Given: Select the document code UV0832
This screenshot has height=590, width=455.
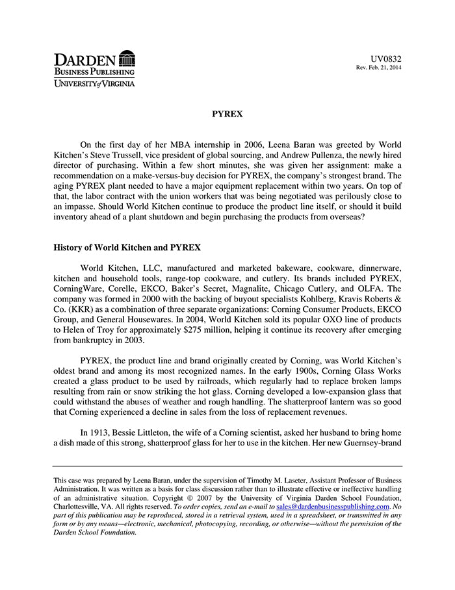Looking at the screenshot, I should pyautogui.click(x=387, y=59).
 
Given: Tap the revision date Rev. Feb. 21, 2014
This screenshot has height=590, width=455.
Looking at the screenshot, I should pyautogui.click(x=379, y=68).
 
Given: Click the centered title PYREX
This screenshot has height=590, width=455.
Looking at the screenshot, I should pyautogui.click(x=227, y=114).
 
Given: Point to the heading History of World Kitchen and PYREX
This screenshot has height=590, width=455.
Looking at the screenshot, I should pyautogui.click(x=127, y=247).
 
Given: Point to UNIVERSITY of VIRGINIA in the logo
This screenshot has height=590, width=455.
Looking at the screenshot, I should pyautogui.click(x=94, y=84).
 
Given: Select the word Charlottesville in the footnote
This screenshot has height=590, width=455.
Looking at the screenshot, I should pyautogui.click(x=75, y=506).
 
